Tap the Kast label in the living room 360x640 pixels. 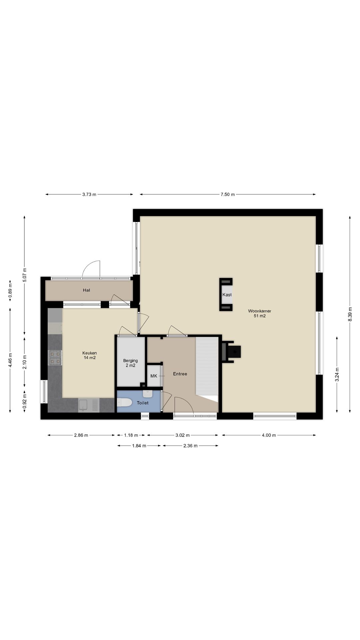pyautogui.click(x=227, y=295)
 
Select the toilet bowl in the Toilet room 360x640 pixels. pyautogui.click(x=124, y=403)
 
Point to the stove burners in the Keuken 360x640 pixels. pyautogui.click(x=55, y=357)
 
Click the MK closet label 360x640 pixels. pyautogui.click(x=154, y=376)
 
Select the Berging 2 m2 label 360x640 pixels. pyautogui.click(x=130, y=363)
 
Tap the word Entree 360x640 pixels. pyautogui.click(x=180, y=374)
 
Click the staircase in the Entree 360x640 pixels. pyautogui.click(x=207, y=365)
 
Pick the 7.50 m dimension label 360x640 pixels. pyautogui.click(x=227, y=194)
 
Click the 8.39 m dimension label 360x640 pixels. pyautogui.click(x=350, y=314)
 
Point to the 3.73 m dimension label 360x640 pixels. pyautogui.click(x=89, y=194)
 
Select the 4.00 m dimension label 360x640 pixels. pyautogui.click(x=269, y=435)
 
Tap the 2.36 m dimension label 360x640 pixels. pyautogui.click(x=190, y=446)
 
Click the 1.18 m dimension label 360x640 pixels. pyautogui.click(x=131, y=435)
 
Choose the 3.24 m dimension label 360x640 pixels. pyautogui.click(x=337, y=374)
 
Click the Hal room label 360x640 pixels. pyautogui.click(x=86, y=290)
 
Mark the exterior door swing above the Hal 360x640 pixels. pyautogui.click(x=92, y=269)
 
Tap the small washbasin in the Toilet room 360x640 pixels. pyautogui.click(x=147, y=394)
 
